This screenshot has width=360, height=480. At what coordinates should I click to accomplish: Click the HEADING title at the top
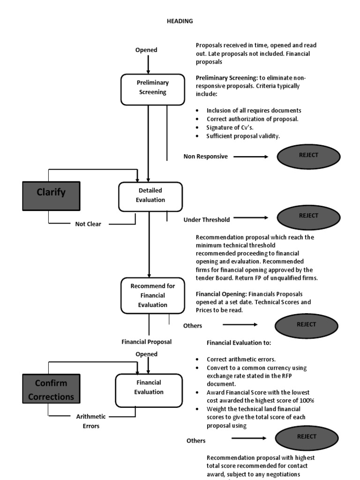[x=180, y=21]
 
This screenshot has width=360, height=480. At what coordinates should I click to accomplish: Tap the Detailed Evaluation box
[x=150, y=196]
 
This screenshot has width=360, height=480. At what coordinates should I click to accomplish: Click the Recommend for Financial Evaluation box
[x=152, y=296]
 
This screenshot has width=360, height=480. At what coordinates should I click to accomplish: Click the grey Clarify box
[x=51, y=196]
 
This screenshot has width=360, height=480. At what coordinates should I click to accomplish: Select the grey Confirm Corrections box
[x=51, y=390]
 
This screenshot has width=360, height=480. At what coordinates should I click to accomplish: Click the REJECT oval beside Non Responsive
[x=308, y=157]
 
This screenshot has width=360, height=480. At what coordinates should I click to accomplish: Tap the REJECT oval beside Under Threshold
[x=308, y=217]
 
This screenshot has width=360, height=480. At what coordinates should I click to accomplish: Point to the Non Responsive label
[x=205, y=157]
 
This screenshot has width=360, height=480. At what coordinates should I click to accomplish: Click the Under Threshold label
[x=206, y=219]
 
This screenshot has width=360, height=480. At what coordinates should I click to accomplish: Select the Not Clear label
[x=88, y=224]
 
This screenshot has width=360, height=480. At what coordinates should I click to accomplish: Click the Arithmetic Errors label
[x=91, y=421]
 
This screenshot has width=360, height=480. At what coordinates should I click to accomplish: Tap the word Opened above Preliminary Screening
[x=146, y=50]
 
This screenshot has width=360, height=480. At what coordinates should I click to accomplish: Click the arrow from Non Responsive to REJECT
[x=251, y=157]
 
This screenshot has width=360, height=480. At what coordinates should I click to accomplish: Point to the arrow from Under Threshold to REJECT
[x=251, y=217]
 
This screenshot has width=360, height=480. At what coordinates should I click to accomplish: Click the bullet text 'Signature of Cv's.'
[x=226, y=127]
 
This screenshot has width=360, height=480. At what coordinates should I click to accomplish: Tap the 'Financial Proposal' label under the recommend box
[x=146, y=342]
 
